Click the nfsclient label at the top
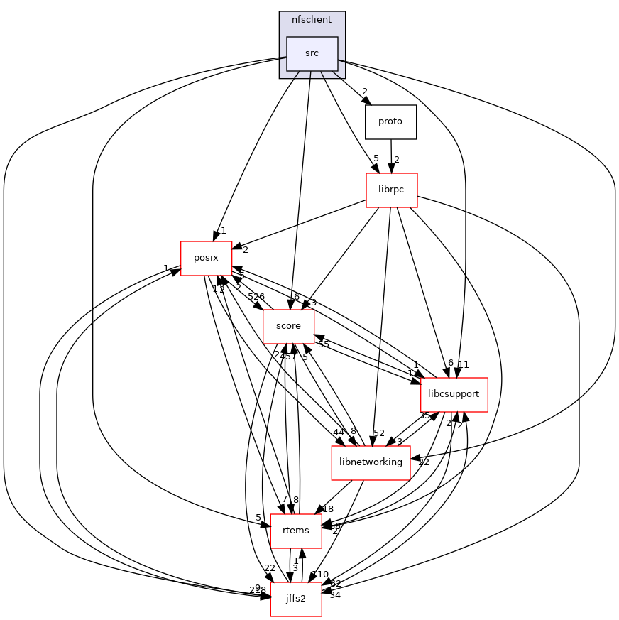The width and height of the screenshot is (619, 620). [312, 19]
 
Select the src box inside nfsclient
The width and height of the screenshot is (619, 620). [312, 53]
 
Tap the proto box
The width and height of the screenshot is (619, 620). [390, 121]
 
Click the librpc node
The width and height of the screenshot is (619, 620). [390, 190]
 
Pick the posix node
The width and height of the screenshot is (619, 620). [206, 259]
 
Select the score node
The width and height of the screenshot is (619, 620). [288, 326]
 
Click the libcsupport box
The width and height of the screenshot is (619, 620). [454, 394]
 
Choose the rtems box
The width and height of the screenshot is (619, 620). [296, 531]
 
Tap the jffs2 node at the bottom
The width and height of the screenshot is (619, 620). [296, 599]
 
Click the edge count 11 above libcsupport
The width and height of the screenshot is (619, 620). [464, 365]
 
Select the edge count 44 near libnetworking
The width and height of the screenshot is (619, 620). [338, 433]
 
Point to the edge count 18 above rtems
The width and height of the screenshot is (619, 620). [328, 509]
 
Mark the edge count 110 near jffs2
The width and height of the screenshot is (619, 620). [320, 574]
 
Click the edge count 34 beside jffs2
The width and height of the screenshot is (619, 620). [335, 595]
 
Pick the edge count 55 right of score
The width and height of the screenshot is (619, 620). [323, 344]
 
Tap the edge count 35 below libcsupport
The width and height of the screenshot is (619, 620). [424, 415]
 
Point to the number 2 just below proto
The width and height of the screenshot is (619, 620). [397, 160]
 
